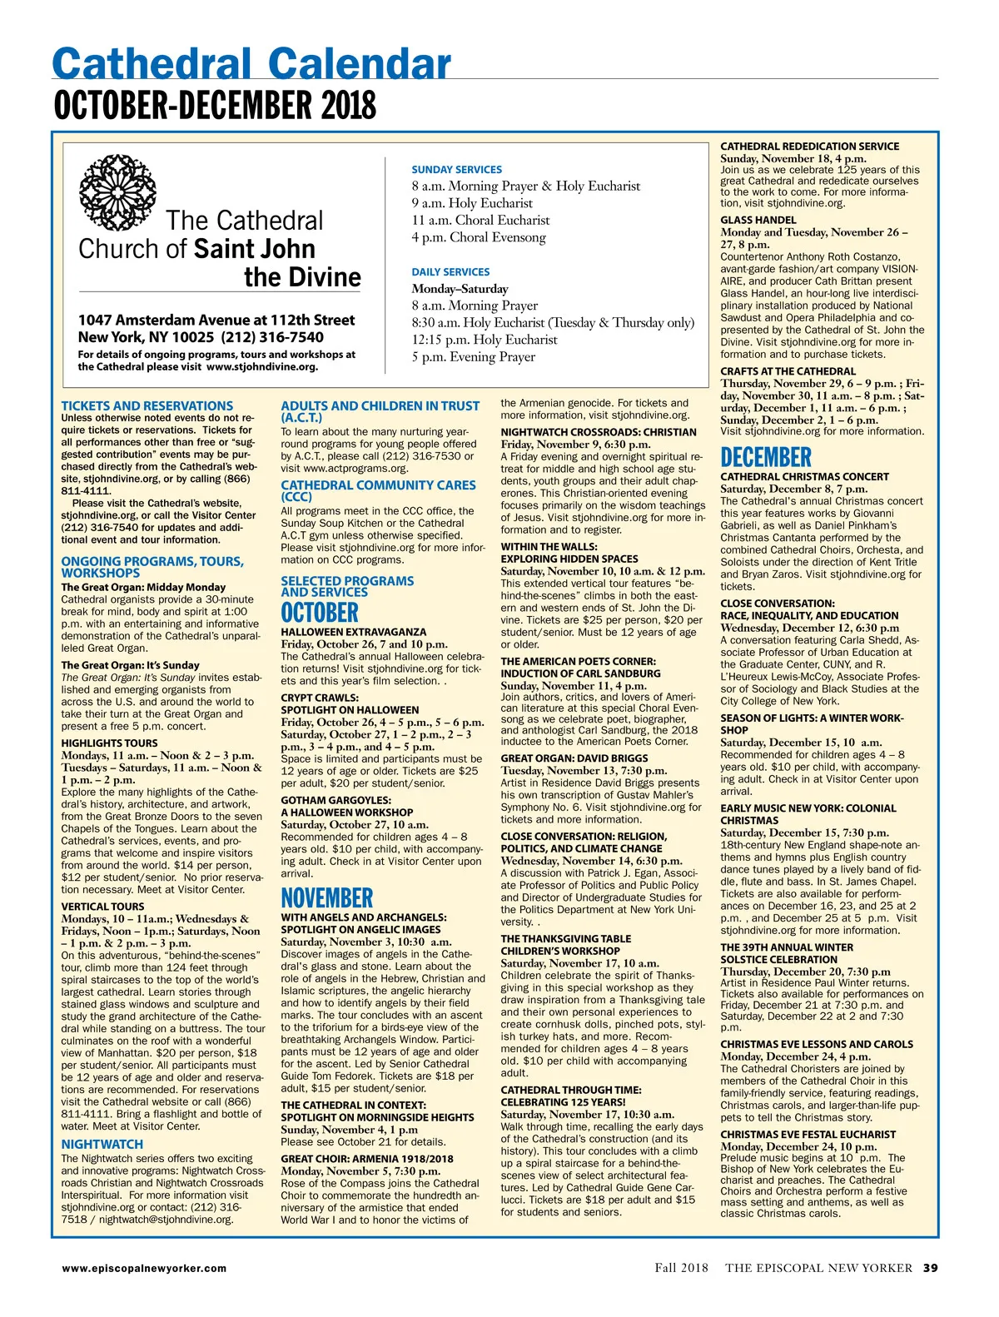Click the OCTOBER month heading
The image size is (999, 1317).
[320, 614]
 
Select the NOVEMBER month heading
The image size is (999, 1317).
[327, 899]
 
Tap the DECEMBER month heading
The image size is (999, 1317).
[766, 458]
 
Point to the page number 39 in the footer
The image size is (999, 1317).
[930, 1268]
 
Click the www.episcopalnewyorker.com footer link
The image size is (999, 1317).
[144, 1268]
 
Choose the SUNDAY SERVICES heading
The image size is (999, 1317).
[457, 169]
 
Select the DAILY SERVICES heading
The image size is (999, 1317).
[450, 272]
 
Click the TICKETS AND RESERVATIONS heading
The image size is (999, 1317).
[147, 406]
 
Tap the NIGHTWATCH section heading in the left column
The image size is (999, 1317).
[102, 1145]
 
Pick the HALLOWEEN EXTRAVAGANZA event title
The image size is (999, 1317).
[354, 632]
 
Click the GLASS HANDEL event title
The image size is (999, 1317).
[758, 221]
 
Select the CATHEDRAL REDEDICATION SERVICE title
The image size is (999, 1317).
[809, 147]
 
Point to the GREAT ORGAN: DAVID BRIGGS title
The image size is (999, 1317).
[574, 758]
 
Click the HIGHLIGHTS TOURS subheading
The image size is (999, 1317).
[109, 743]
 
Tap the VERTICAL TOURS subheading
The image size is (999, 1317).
[102, 907]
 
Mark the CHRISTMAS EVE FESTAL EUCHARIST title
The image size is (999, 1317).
[808, 1135]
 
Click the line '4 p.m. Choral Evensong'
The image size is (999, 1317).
[479, 237]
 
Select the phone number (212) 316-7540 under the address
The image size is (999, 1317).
[272, 337]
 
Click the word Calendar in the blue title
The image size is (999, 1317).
[360, 65]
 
